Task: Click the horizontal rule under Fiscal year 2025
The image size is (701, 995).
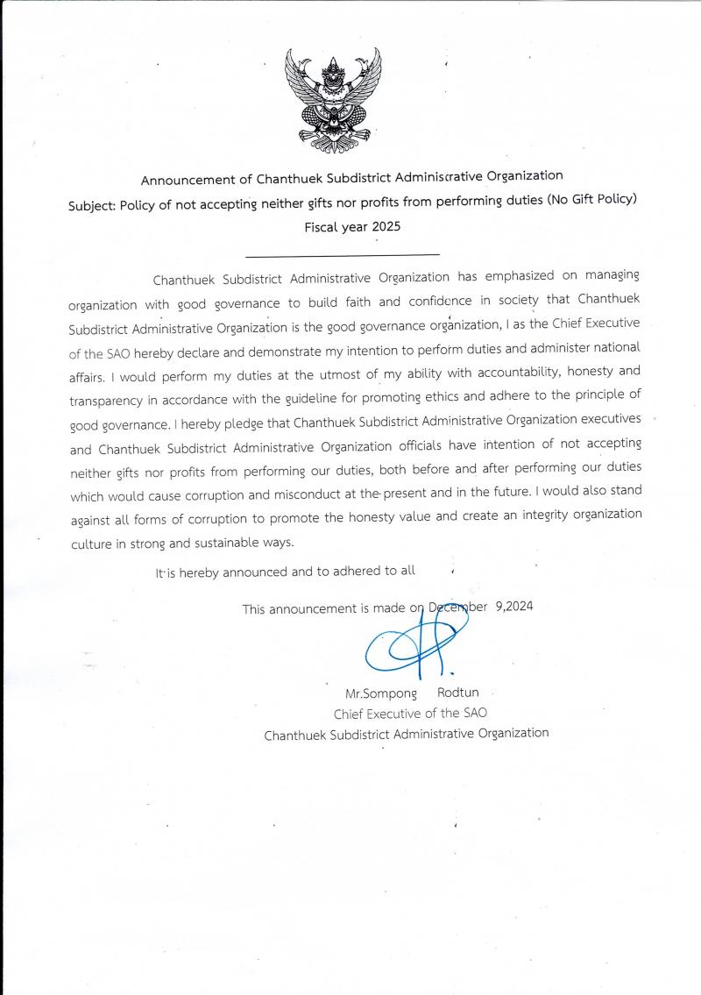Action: [x=343, y=255]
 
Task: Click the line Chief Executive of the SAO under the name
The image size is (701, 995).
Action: [x=404, y=714]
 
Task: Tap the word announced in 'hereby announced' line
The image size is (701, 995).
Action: [x=251, y=572]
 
